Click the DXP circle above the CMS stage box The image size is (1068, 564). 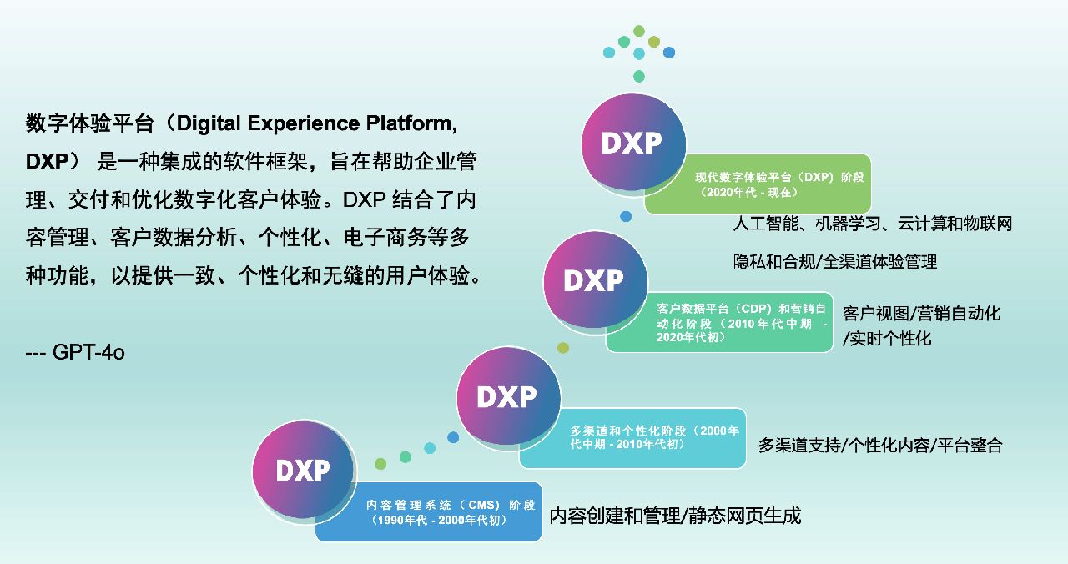[304, 471]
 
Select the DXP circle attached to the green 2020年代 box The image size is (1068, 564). [632, 144]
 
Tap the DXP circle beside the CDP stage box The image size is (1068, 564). [594, 280]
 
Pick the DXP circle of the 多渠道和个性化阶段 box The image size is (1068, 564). [507, 396]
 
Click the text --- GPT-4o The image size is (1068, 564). [75, 352]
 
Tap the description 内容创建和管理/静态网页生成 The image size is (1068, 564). [675, 516]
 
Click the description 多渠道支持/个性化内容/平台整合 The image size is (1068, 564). [879, 445]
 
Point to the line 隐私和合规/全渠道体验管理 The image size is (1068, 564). [834, 262]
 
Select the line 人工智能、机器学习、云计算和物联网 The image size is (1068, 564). [872, 224]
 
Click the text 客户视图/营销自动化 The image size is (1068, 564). [921, 314]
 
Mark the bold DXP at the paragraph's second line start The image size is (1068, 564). [46, 163]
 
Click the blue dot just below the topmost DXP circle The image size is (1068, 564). [626, 217]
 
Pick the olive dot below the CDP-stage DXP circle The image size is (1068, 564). [563, 348]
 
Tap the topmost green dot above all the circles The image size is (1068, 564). [639, 31]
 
